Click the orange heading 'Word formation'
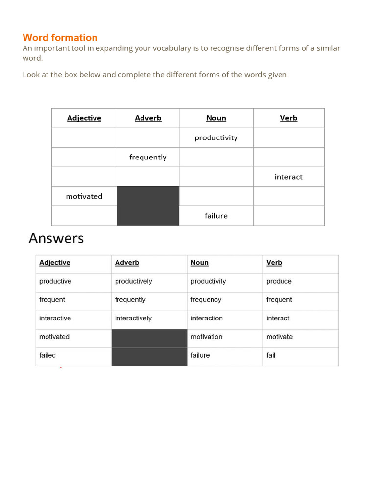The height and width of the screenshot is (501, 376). [60, 38]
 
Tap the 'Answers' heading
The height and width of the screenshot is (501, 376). [56, 238]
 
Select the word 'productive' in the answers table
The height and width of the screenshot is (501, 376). [55, 281]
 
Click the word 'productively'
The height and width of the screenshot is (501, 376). [134, 281]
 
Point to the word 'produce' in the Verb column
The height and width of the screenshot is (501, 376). [279, 281]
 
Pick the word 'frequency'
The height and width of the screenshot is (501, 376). [206, 300]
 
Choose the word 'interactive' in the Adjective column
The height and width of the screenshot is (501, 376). [55, 319]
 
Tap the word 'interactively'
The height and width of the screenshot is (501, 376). [134, 319]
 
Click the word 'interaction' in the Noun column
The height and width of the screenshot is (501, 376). [207, 319]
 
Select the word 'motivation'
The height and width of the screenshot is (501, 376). [207, 337]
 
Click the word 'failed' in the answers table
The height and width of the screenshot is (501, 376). [47, 356]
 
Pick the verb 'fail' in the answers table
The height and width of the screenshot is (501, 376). [271, 356]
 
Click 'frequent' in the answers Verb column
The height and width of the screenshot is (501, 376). [279, 300]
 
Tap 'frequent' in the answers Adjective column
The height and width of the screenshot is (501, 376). [52, 300]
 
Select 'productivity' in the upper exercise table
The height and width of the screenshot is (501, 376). [216, 138]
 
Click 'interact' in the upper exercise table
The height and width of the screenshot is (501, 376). [288, 177]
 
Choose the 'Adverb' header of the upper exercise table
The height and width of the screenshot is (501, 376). [148, 118]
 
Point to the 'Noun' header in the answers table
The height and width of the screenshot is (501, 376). [200, 263]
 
